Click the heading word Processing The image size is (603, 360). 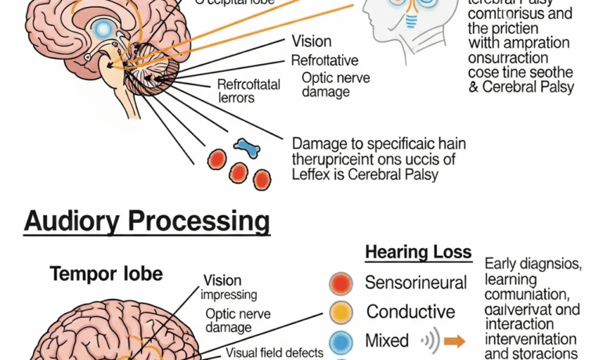point(201,221)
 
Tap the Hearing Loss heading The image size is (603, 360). point(419,252)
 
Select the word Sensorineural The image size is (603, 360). point(416,283)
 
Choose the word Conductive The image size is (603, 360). point(410,311)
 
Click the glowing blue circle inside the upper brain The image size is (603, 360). point(103,30)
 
